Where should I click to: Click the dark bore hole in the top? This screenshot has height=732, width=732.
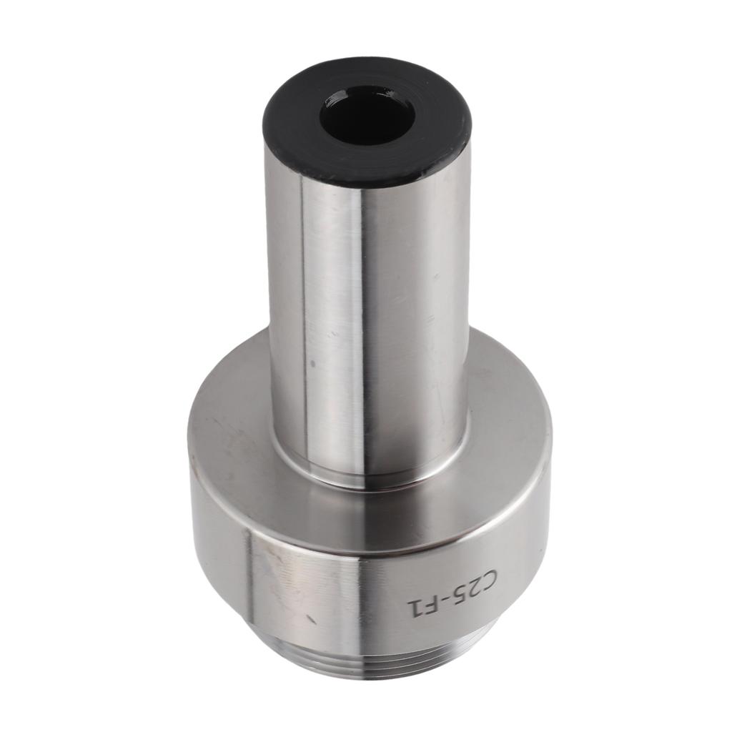[366, 117]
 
